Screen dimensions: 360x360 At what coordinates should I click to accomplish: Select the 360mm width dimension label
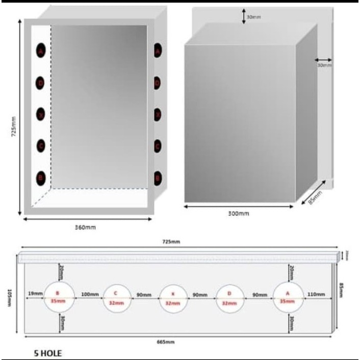[x=82, y=227]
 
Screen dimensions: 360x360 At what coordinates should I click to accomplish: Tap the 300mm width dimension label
[x=239, y=213]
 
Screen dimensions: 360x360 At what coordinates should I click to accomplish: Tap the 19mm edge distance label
[x=35, y=294]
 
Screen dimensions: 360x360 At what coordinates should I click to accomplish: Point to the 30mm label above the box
[x=253, y=17]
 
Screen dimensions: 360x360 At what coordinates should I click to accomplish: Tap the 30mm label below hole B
[x=61, y=322]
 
